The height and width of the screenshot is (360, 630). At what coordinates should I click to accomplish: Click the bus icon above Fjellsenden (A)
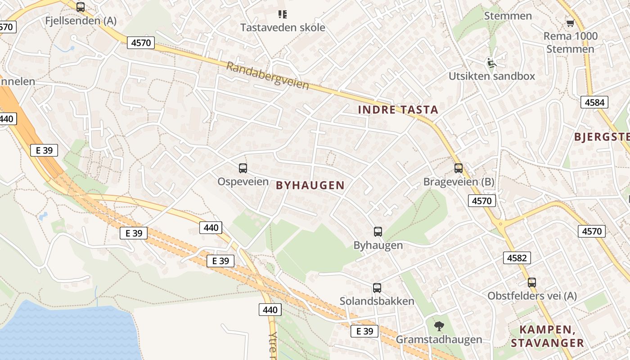point(81,7)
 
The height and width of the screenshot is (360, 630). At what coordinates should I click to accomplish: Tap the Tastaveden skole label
point(282,27)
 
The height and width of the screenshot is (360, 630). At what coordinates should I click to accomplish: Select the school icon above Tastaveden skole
point(282,14)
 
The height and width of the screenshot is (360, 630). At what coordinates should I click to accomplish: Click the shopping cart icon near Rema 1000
point(570,22)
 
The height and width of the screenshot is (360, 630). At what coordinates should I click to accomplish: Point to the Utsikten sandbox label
point(492,76)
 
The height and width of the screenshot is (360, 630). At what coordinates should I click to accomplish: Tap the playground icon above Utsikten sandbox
point(491,63)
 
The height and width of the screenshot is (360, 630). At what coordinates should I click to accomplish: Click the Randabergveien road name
point(267,75)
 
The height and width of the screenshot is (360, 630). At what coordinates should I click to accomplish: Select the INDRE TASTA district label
point(398,109)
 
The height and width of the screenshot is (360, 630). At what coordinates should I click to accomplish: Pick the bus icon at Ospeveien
point(243,168)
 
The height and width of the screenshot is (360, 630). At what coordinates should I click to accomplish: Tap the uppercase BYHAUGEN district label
point(310,185)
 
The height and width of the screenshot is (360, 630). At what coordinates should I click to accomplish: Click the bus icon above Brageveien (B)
point(459,168)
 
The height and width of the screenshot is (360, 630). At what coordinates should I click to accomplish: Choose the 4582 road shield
point(517,258)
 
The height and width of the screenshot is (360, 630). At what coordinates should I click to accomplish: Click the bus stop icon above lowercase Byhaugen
point(378,232)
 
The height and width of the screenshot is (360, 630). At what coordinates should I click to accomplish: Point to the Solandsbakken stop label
point(377,301)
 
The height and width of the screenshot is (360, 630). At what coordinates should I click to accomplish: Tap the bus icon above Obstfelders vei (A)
point(532,283)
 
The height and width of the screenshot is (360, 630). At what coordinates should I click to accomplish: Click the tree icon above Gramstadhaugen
point(439,326)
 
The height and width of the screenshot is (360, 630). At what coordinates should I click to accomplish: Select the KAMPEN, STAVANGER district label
point(547,336)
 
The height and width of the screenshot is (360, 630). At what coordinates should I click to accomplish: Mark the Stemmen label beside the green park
point(508,16)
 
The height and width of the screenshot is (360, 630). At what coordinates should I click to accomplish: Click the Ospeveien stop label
point(243,182)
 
